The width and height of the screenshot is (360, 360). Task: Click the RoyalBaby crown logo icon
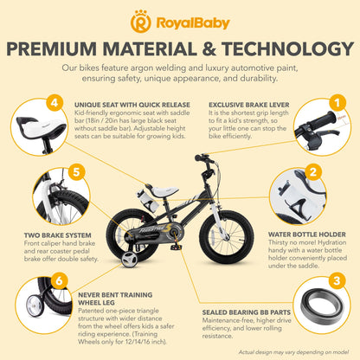point(141,22)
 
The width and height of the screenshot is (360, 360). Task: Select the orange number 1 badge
point(337,102)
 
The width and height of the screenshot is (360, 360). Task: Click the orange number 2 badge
point(313,172)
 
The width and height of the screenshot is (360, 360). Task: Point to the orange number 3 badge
point(337,280)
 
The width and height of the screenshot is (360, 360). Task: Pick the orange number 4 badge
point(55,102)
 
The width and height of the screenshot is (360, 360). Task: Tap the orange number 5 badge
point(76,172)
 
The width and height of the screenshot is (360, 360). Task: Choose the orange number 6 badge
point(59,280)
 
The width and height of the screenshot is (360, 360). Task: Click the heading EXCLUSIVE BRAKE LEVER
point(249,105)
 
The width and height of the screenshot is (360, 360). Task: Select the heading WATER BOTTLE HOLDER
point(307,235)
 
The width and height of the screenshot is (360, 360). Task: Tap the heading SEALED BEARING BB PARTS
point(247,312)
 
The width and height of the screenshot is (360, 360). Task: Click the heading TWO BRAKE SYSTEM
point(58,235)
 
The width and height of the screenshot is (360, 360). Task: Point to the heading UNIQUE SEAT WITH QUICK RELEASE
point(132,105)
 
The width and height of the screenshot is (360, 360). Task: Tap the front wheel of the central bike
point(227,237)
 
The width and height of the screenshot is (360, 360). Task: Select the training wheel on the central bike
point(129,260)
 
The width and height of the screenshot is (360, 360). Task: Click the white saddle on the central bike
point(164,191)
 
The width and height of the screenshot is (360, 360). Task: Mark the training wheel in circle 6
point(35,306)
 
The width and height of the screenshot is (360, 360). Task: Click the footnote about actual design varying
point(293,352)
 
